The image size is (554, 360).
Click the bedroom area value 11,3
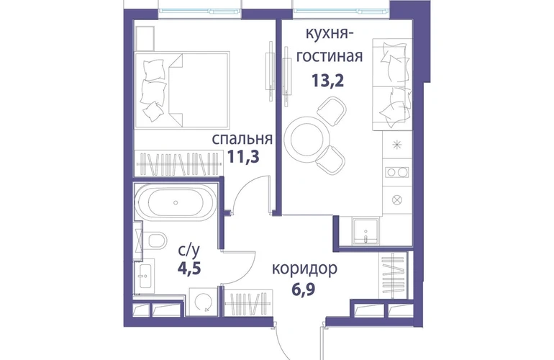[x=243, y=156]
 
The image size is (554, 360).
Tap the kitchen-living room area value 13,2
[x=327, y=81]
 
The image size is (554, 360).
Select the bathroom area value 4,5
[x=189, y=269]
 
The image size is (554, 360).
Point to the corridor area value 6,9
[x=303, y=289]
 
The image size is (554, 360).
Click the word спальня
[x=242, y=139]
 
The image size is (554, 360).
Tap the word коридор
[x=304, y=269]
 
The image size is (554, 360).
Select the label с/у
[x=189, y=251]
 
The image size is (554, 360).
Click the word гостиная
[x=330, y=56]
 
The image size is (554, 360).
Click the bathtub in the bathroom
[x=176, y=202]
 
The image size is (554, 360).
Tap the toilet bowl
[x=156, y=240]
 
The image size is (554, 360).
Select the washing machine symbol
[x=203, y=302]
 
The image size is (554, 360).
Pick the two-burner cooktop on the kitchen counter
[x=396, y=172]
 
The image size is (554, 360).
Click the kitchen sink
[x=365, y=231]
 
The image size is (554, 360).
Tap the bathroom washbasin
[x=145, y=276]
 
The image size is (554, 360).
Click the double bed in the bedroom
[x=182, y=90]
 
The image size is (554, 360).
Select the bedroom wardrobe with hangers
[x=178, y=163]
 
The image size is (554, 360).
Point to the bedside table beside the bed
[x=145, y=39]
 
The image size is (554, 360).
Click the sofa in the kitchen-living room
[x=392, y=84]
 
